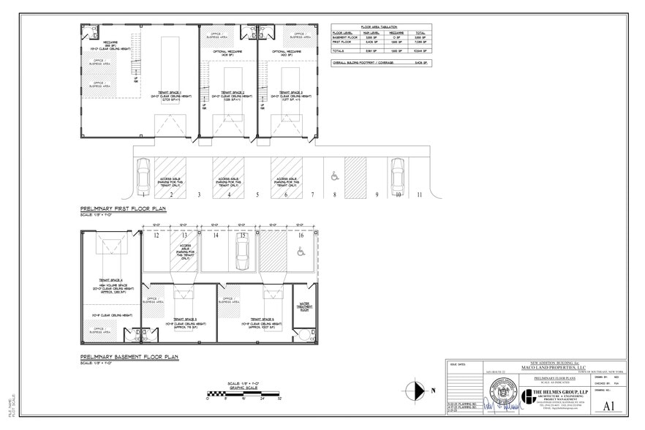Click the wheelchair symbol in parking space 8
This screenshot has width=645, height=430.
coord(333,175)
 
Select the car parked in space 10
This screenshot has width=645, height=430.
coord(397,175)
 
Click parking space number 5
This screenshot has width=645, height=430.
coord(257,195)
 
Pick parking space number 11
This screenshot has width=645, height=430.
coord(420,195)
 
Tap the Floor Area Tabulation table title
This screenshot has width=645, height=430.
coord(380,26)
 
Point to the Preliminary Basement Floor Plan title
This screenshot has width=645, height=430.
coord(129,357)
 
